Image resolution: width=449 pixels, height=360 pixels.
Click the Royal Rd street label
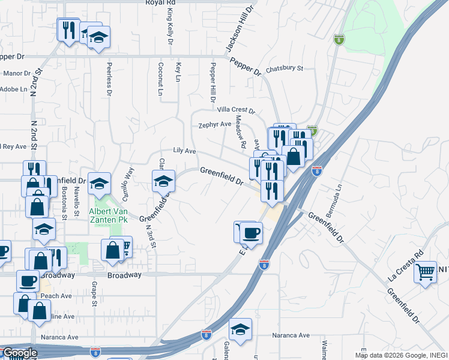[x=160, y=3]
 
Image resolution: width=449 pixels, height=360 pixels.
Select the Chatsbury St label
[x=285, y=68]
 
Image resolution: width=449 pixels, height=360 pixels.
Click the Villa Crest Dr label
[x=235, y=111]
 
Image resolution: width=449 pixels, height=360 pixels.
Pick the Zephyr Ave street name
[x=215, y=125]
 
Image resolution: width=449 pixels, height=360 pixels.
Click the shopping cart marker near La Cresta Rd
[x=425, y=272]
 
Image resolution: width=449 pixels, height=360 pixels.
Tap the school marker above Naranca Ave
[x=240, y=329]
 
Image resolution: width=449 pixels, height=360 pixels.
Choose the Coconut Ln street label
[x=160, y=79]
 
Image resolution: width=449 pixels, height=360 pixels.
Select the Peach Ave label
[x=56, y=296]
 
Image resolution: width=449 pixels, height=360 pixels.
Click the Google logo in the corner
[x=19, y=353]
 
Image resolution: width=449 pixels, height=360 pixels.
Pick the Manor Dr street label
[x=17, y=74]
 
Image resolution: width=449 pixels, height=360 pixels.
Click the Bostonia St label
[x=64, y=201]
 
